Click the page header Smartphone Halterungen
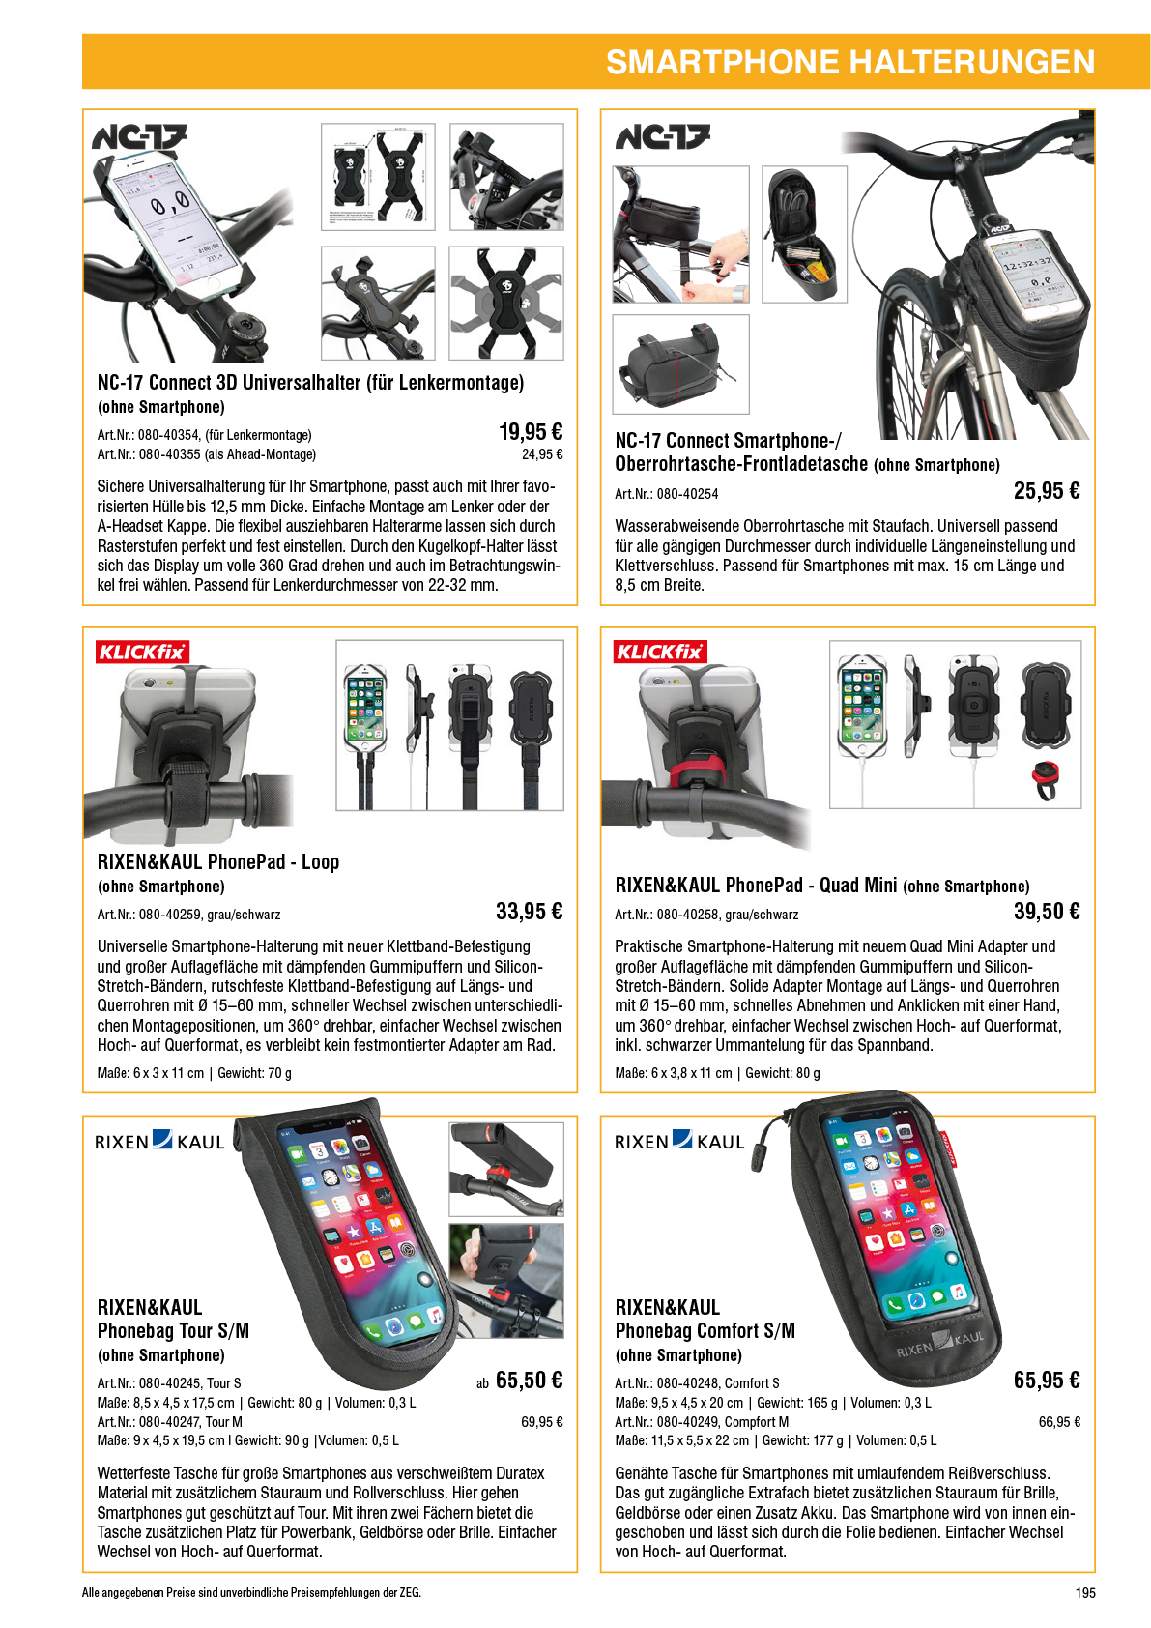pos(850,63)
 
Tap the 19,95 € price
pos(531,432)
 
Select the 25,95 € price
pos(1047,491)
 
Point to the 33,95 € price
pos(529,912)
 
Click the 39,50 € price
pos(1047,912)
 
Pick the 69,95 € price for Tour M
pos(542,1421)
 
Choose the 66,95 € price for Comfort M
pos(1059,1421)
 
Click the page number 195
pos(1085,1593)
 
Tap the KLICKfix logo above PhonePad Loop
pos(142,652)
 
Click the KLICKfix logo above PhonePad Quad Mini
pos(660,652)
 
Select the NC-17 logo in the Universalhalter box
pos(139,136)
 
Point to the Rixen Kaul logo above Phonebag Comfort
pos(679,1141)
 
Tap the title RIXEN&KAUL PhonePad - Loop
pos(218,862)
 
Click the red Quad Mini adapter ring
pos(1046,780)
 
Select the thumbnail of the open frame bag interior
pos(804,234)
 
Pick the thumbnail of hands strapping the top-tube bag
pos(681,234)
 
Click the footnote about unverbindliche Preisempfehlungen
pos(251,1593)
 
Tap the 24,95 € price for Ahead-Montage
pos(542,454)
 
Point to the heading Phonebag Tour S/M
pos(173,1330)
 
